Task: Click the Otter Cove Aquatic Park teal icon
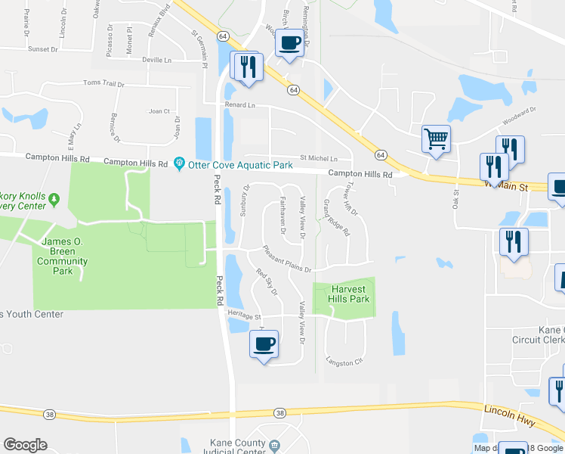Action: [179, 163]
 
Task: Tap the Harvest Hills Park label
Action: [349, 294]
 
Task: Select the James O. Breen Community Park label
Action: [63, 256]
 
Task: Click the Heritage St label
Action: [244, 317]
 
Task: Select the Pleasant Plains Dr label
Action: [288, 260]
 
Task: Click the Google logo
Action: [25, 445]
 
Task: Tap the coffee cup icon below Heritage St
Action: [264, 344]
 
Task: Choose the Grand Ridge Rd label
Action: [336, 218]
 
